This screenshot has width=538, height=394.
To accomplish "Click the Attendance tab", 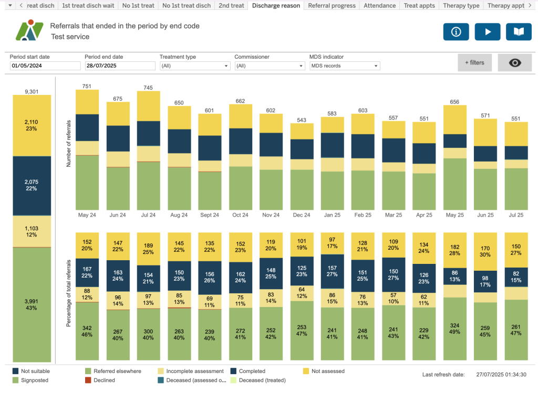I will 380,6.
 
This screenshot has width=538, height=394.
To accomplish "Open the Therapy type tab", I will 461,6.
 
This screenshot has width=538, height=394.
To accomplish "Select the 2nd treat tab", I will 231,6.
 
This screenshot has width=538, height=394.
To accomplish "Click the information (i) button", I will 456,32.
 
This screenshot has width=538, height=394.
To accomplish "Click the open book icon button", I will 519,32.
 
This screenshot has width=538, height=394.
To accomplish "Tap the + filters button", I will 474,62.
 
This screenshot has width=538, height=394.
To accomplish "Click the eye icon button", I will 515,62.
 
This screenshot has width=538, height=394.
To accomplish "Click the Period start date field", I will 45,66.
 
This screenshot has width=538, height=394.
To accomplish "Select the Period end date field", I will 120,66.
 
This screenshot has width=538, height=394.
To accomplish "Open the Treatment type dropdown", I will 195,66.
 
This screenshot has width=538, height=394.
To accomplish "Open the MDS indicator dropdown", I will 345,66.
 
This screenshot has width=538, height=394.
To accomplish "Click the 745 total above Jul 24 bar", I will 149,88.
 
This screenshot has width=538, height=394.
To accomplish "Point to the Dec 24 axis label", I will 302,215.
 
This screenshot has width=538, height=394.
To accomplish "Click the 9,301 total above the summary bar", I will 32,91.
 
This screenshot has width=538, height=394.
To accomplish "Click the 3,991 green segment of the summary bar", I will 32,304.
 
